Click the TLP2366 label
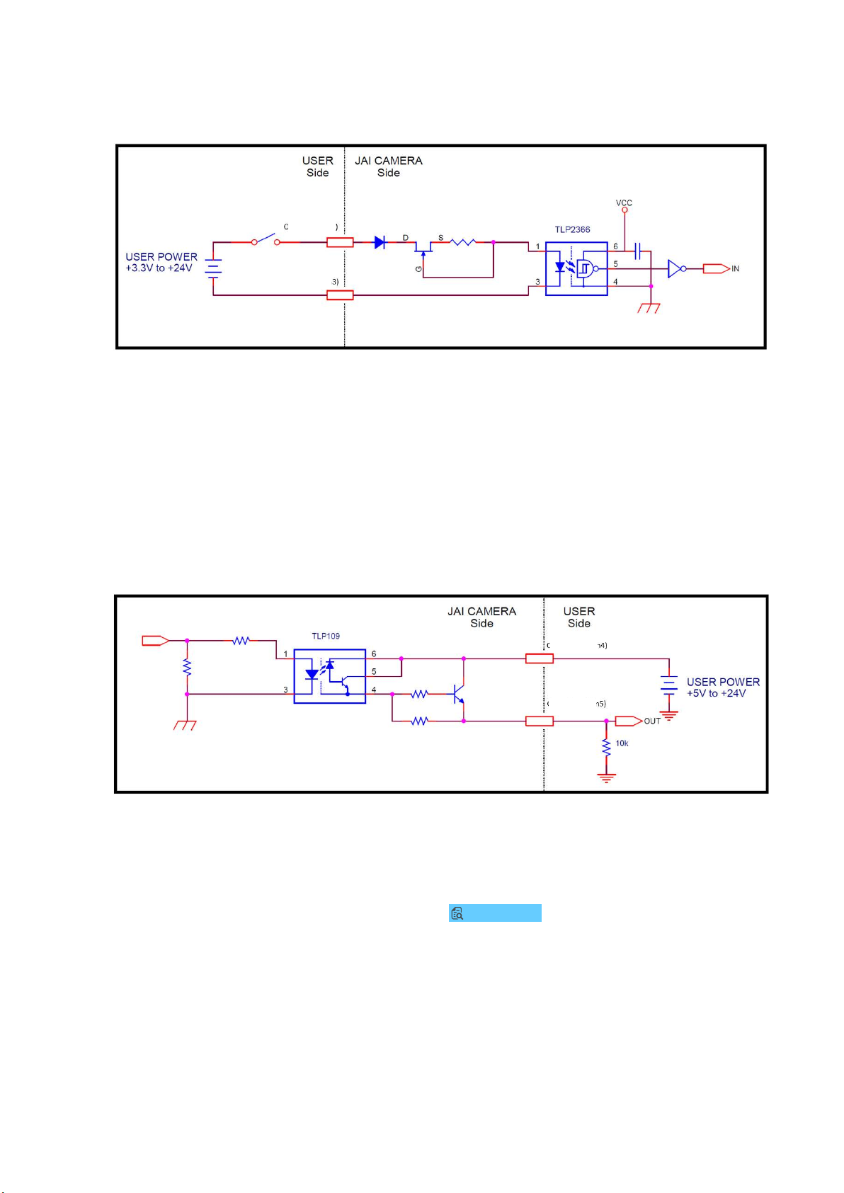572,229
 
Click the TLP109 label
326,636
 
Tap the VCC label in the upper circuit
624,203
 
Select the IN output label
736,269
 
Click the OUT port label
652,721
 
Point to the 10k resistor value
622,743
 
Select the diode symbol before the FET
380,243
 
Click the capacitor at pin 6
638,251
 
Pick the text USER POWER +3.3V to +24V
161,263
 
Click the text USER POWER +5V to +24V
723,687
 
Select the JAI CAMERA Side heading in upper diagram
389,166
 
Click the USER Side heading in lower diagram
579,617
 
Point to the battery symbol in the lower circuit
669,683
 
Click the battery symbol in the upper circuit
213,267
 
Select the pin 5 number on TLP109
374,671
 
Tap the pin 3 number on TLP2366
538,282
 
